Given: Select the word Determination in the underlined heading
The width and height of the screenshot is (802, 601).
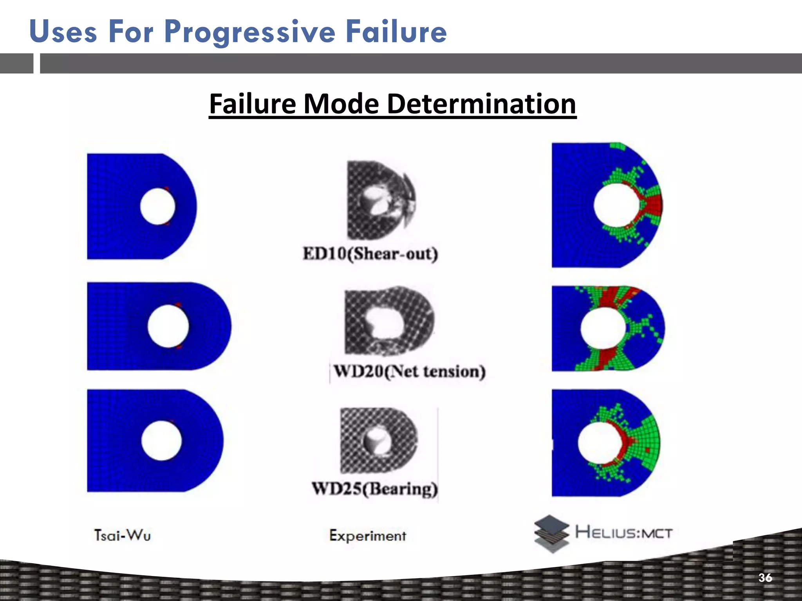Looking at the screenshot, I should coord(481,104).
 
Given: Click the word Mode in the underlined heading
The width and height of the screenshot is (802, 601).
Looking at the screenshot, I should coord(341,104).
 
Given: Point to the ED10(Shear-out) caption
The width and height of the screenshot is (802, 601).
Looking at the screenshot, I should coord(370,254).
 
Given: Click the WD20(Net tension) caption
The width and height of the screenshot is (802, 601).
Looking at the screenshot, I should coord(409,371).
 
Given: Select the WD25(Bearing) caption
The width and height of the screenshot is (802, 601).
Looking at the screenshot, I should coord(375,489).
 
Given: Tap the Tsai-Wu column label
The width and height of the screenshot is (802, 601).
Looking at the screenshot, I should coord(122,535).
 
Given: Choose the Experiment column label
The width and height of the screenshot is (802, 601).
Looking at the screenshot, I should coord(367,535).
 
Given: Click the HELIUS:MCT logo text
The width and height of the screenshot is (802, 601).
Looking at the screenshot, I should coord(623,533).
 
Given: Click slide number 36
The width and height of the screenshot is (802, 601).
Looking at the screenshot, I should coord(765,578).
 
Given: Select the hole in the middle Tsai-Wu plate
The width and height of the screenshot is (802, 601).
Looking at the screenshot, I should coord(168,326).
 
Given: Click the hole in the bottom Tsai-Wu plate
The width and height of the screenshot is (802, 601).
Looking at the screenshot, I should coord(161,440).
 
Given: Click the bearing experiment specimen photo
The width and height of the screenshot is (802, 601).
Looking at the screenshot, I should coord(378,440).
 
